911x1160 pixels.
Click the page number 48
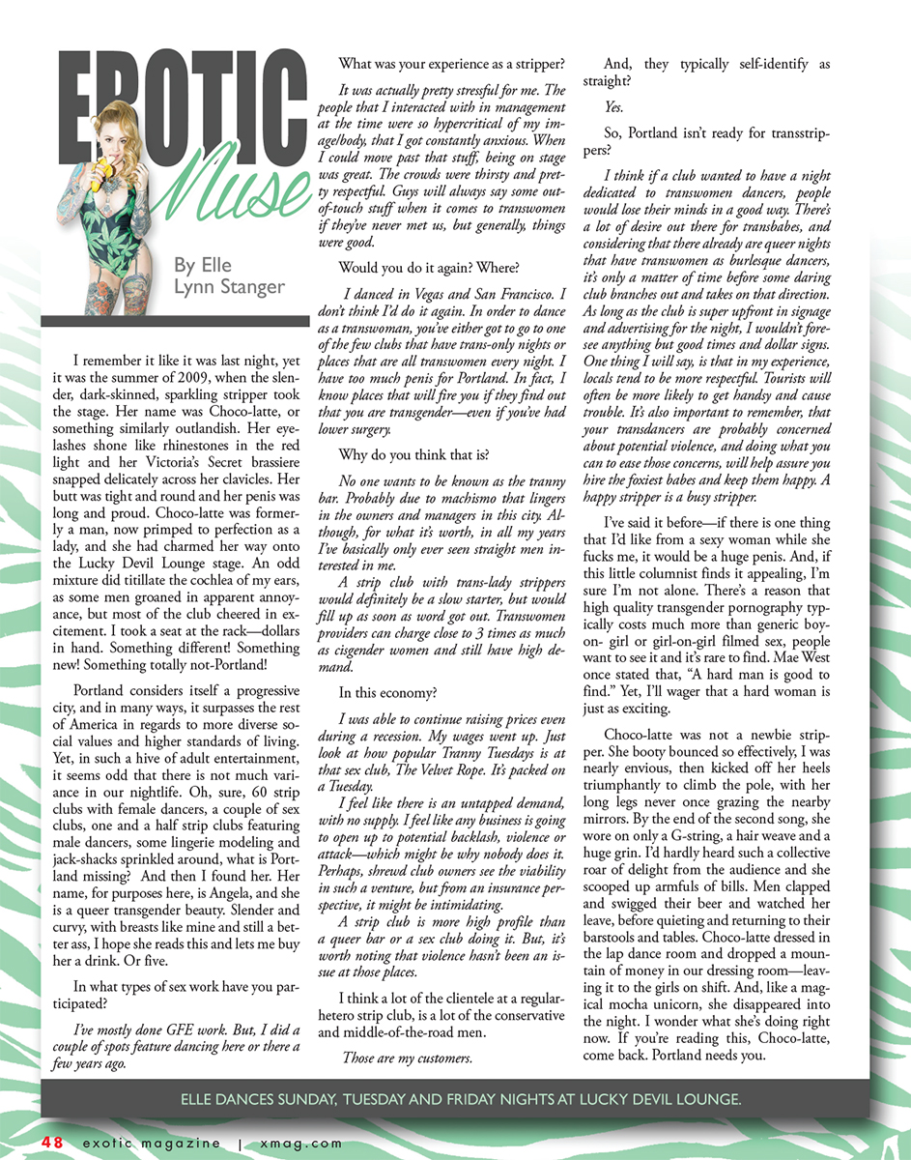pyautogui.click(x=52, y=1143)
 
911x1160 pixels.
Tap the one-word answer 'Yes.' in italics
pyautogui.click(x=613, y=107)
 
